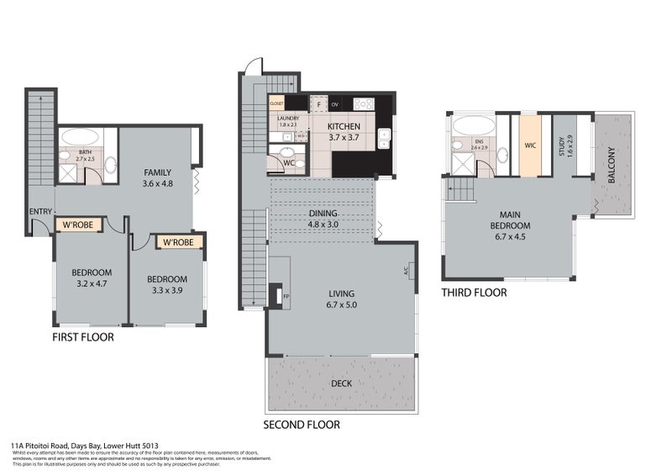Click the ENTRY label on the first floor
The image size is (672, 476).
(x=39, y=211)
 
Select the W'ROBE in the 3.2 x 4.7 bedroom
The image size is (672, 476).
(x=79, y=224)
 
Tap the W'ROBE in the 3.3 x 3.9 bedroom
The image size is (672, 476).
(x=179, y=243)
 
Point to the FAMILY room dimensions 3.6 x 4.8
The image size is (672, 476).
(x=157, y=182)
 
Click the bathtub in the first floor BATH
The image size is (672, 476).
(x=79, y=137)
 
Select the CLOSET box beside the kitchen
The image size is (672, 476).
(x=276, y=103)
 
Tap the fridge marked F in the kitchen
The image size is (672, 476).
(x=318, y=104)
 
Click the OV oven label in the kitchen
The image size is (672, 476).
(x=335, y=104)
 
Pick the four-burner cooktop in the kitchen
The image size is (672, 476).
(x=363, y=104)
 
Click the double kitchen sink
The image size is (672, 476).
(x=384, y=137)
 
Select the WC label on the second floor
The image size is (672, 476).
(x=288, y=161)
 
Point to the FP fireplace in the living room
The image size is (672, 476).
(x=276, y=296)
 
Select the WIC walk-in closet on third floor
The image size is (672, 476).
(x=530, y=145)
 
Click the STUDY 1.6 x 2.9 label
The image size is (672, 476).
(x=565, y=148)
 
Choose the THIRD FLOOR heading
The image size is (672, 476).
(x=474, y=293)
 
